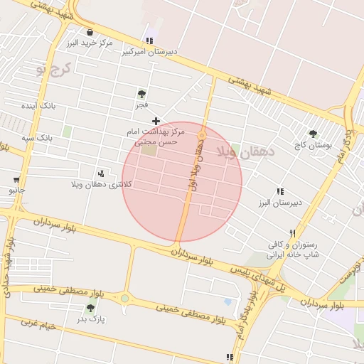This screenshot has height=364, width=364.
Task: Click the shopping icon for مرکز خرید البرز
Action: click(x=90, y=32)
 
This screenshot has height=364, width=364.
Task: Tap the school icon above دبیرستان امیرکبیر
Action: click(x=149, y=41)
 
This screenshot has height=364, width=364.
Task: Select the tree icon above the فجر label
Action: click(x=142, y=93)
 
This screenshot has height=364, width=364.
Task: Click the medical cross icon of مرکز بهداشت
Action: click(x=156, y=121)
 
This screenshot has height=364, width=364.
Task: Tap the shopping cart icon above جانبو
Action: click(x=16, y=179)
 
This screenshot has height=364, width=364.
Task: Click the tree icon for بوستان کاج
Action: click(x=313, y=133)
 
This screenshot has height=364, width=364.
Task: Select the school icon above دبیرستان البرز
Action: click(x=280, y=191)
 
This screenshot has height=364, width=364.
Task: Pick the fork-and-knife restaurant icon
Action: click(x=292, y=233)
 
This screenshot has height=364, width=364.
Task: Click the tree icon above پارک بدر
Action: click(x=91, y=308)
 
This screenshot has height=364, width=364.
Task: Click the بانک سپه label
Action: click(x=36, y=136)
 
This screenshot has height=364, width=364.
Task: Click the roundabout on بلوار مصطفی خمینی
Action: click(x=125, y=298)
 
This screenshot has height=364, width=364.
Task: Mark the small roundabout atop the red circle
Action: click(x=202, y=134)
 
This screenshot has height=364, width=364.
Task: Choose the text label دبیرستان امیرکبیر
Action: click(x=149, y=52)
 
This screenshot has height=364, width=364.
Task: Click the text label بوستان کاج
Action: click(x=314, y=145)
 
